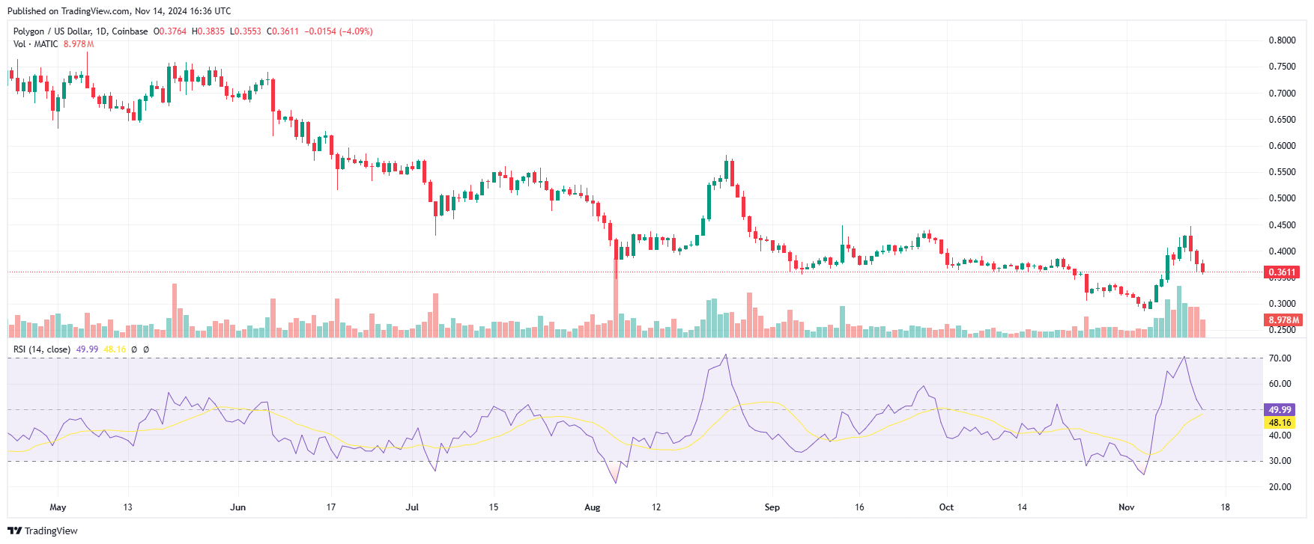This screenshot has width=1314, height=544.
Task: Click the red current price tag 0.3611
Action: tap(1282, 272)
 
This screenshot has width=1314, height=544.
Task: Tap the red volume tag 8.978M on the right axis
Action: tap(1283, 320)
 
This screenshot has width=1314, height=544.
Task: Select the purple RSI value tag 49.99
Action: tap(1280, 410)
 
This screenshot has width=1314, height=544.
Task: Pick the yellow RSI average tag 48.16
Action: tap(1280, 423)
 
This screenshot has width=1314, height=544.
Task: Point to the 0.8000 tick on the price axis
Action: tap(1282, 40)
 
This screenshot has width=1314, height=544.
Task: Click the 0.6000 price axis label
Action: tap(1282, 146)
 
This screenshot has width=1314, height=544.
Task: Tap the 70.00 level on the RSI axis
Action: tap(1280, 358)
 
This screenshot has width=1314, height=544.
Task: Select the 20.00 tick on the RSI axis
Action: tap(1280, 487)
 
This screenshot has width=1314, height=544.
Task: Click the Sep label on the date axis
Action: tap(772, 507)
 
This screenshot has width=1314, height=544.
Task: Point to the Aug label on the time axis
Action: tap(592, 507)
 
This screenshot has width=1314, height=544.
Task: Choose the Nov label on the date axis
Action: tap(1126, 507)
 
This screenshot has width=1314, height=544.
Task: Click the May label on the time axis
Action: tap(58, 507)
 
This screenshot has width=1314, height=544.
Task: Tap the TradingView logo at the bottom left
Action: tap(43, 531)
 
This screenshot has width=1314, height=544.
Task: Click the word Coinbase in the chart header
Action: tap(130, 31)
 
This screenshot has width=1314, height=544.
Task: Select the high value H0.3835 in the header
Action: tap(208, 31)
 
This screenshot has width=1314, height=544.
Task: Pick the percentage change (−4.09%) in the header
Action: tap(356, 31)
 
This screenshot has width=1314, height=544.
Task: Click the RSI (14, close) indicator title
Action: tap(42, 349)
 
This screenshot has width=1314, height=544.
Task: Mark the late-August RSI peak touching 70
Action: tap(726, 355)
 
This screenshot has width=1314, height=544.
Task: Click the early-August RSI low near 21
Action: tap(617, 483)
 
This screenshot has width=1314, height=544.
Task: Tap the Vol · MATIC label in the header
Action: tap(35, 44)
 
